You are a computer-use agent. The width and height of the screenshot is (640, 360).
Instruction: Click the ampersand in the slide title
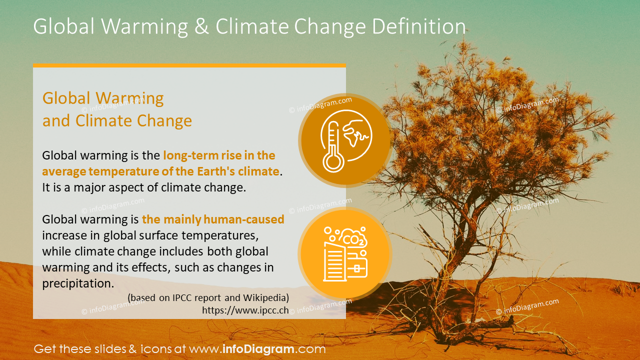[x=201, y=26]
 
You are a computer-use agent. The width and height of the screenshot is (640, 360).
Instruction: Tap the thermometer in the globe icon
[x=332, y=147]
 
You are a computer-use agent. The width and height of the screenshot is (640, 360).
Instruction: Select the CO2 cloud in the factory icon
[x=352, y=238]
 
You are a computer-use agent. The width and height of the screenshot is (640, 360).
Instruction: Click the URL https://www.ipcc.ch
[x=245, y=310]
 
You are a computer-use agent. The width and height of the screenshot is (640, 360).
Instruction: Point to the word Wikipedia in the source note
[x=266, y=297]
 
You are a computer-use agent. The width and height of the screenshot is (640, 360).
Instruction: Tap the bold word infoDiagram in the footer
[x=258, y=349]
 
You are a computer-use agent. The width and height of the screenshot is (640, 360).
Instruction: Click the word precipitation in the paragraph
[x=78, y=283]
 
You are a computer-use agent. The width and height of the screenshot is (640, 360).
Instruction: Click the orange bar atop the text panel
[x=189, y=65]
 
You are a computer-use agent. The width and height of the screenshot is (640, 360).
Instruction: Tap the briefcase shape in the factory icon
[x=356, y=267]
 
